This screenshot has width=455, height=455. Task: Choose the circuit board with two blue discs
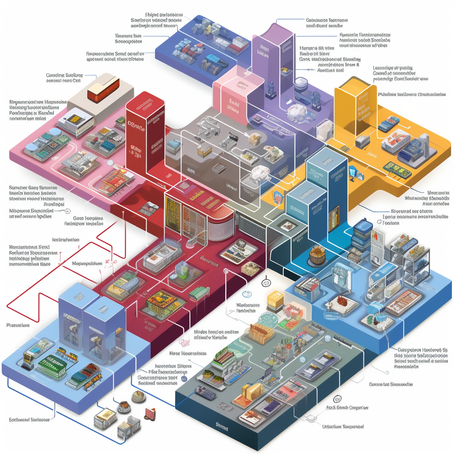(x=44, y=142)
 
